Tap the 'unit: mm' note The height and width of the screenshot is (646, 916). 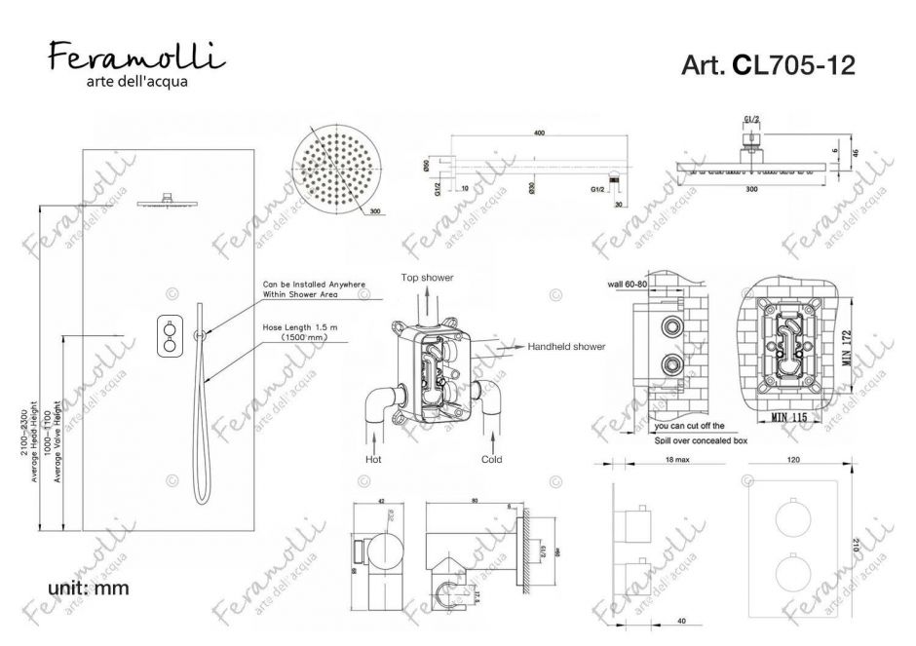click(88, 588)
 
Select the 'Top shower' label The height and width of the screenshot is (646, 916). click(427, 279)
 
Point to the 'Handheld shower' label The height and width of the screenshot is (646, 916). click(566, 346)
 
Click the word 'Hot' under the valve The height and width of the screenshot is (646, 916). click(372, 458)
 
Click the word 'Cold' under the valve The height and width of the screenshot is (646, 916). click(491, 458)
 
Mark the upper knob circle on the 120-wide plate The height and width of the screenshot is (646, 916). click(795, 517)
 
